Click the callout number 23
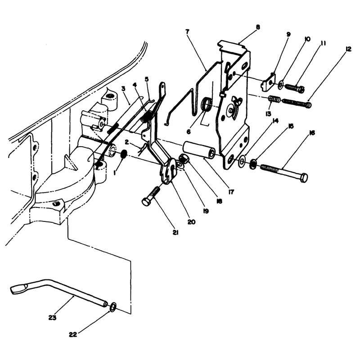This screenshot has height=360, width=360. point(52,318)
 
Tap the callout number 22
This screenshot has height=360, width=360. point(73,335)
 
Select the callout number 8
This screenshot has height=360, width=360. point(258,27)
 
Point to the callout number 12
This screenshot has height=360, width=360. point(348,49)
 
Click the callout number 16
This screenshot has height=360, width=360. point(312,133)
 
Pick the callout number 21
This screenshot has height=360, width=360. point(175,233)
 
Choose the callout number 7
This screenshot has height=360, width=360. point(187,31)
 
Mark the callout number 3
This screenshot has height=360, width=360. point(123,89)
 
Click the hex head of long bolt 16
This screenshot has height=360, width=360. point(304,178)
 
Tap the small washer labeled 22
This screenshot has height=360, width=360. point(113,307)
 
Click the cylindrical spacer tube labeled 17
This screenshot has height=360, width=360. point(199,150)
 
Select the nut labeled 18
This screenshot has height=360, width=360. point(183,159)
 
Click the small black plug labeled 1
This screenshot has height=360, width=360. point(124,154)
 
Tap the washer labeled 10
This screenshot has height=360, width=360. point(281,85)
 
